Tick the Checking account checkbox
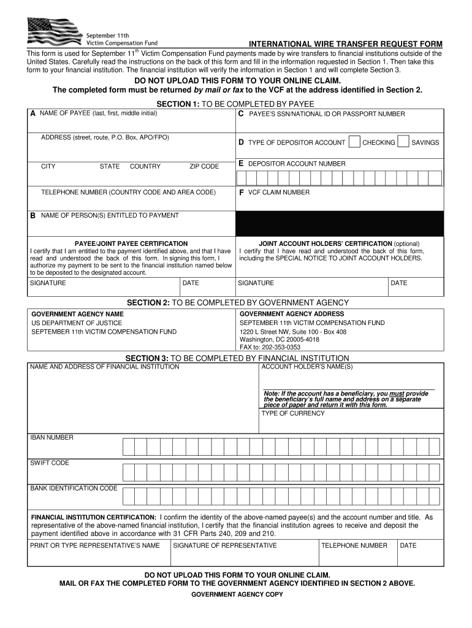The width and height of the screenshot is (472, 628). [x=354, y=142]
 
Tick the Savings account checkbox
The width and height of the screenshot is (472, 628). [x=403, y=142]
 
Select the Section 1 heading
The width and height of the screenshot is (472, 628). [x=235, y=105]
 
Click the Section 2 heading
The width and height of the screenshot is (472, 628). [x=237, y=302]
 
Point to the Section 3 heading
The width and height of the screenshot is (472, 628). [x=237, y=358]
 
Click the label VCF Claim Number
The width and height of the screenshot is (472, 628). [x=278, y=193]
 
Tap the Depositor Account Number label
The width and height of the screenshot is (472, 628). [x=296, y=164]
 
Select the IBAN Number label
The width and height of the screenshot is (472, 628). [x=52, y=437]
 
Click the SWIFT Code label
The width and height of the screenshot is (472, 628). [x=50, y=463]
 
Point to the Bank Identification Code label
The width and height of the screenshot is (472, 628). [x=74, y=488]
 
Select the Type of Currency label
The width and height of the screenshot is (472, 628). [x=293, y=413]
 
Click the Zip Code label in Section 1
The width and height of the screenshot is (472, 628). [x=204, y=166]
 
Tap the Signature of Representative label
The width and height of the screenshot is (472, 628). [x=225, y=545]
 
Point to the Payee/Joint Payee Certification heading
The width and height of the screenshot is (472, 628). [x=131, y=243]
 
